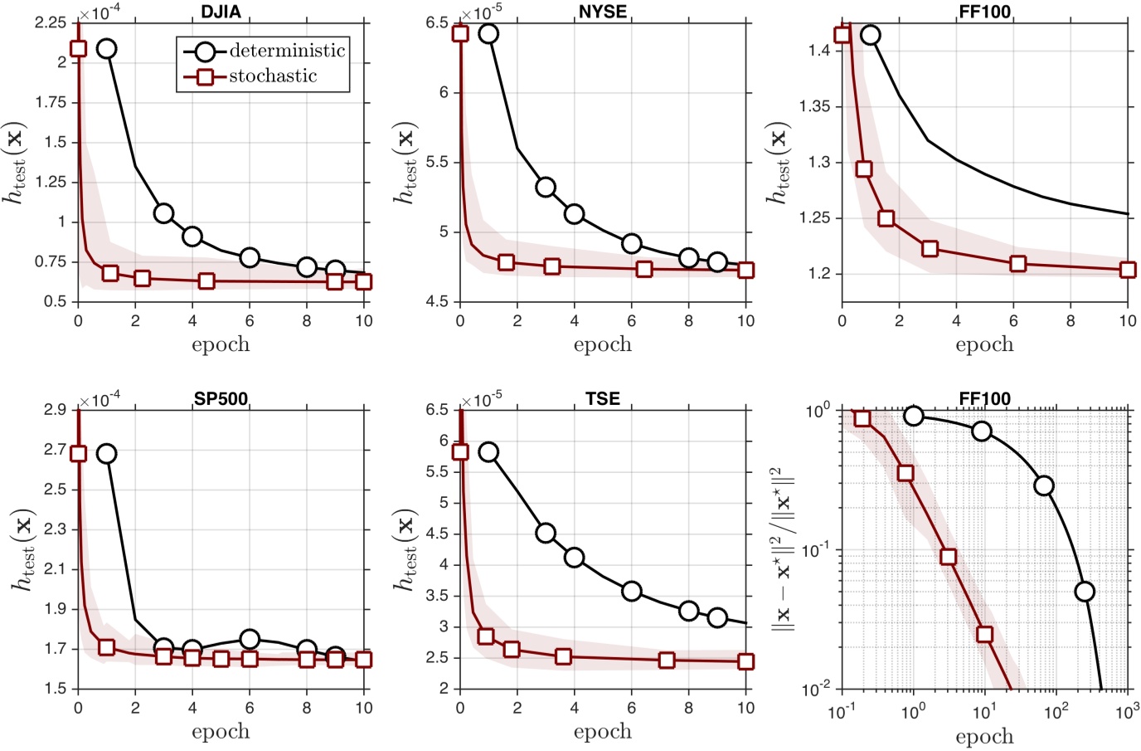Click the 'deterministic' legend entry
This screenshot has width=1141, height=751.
(x=286, y=51)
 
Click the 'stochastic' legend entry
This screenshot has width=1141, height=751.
(x=273, y=76)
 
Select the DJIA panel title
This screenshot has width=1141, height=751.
(x=221, y=12)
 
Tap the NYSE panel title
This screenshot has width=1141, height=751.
(x=603, y=12)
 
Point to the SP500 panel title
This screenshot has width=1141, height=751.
(x=221, y=398)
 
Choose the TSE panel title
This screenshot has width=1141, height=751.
(x=603, y=398)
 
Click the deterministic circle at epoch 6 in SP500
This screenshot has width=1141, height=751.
(x=250, y=639)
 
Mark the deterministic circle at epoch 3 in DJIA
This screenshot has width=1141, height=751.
(x=163, y=213)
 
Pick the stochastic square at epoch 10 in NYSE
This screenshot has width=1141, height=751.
(x=745, y=270)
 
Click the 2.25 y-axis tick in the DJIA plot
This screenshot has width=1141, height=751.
(x=51, y=22)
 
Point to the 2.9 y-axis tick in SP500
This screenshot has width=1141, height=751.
(x=55, y=410)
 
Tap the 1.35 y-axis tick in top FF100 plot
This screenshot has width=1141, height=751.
(x=814, y=106)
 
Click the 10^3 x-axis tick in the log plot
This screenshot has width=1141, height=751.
(x=1127, y=711)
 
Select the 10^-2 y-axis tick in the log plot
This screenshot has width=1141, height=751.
(x=818, y=689)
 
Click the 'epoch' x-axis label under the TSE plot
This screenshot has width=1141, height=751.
(x=603, y=732)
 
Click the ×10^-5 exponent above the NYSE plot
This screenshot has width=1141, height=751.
(x=482, y=12)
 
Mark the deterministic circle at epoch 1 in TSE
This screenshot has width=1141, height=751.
(x=488, y=452)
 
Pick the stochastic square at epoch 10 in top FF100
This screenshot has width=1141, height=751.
(x=1127, y=270)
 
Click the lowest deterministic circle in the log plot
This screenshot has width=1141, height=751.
(x=1084, y=592)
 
